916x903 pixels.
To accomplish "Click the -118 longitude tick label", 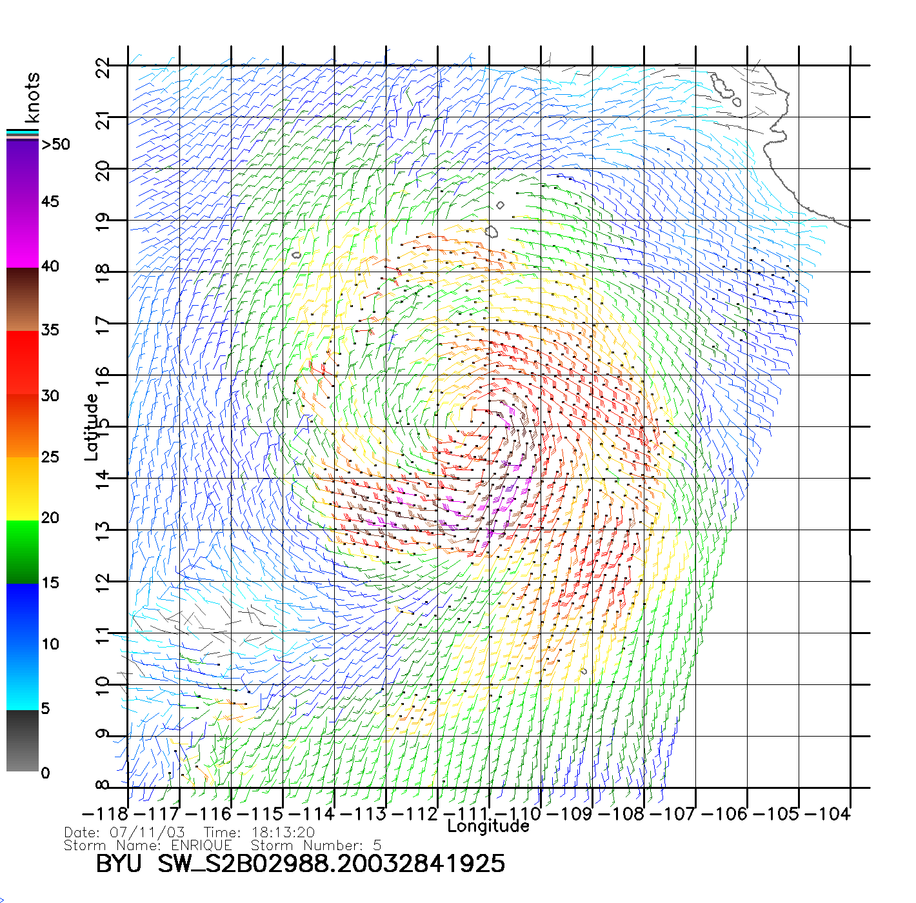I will tap(105, 814).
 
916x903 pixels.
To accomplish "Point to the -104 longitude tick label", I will tap(828, 814).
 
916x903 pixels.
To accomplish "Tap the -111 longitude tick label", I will tap(466, 814).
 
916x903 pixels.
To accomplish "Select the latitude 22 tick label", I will tap(103, 68).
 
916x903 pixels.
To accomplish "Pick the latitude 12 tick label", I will tap(103, 583).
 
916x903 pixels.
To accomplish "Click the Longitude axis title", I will tap(488, 826).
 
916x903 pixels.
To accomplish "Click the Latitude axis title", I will tap(92, 427).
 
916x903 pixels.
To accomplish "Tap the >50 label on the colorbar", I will tap(55, 144).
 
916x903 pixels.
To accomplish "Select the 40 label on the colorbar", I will tap(50, 266).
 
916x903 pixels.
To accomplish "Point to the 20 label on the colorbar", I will tap(50, 518).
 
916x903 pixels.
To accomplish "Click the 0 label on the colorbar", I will tap(45, 773).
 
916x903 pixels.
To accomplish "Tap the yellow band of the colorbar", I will tap(23, 488).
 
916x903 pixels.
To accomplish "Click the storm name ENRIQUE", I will tap(201, 846).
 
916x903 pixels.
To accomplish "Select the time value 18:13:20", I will tap(283, 833).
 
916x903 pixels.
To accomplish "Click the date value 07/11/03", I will tap(147, 833).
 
